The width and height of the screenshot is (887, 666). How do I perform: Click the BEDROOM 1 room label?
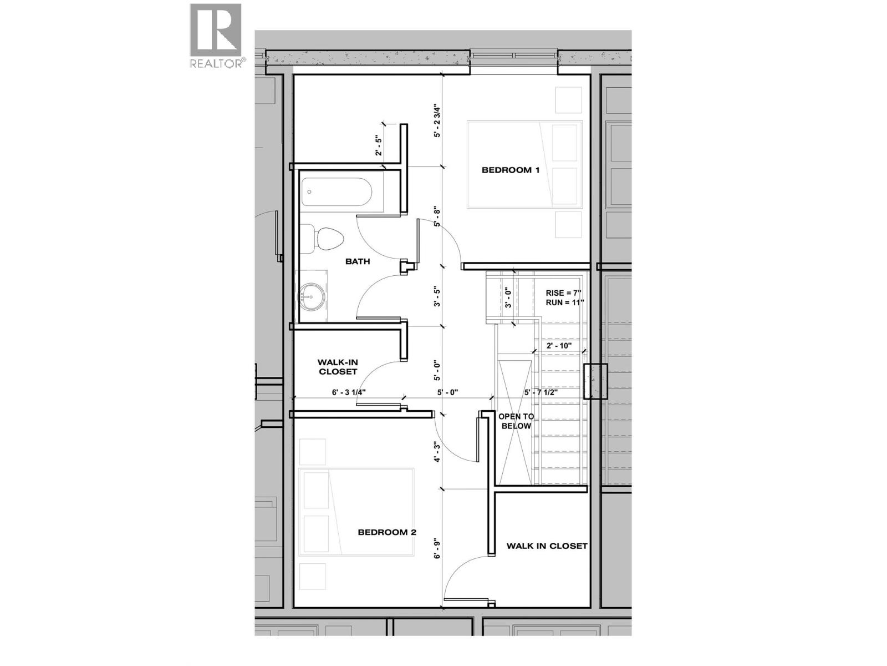click(x=510, y=170)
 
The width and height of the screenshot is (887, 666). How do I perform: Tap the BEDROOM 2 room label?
click(x=387, y=532)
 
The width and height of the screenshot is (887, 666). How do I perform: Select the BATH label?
click(x=358, y=261)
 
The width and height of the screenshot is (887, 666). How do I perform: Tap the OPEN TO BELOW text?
click(x=516, y=421)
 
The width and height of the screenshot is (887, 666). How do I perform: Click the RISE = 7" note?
click(x=563, y=293)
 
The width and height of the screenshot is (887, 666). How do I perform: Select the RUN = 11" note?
click(x=564, y=302)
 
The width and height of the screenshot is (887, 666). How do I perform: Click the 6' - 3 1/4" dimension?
click(x=349, y=392)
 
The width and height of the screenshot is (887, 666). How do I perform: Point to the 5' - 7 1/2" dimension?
click(x=541, y=392)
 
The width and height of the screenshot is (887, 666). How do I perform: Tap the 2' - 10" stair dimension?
click(x=559, y=345)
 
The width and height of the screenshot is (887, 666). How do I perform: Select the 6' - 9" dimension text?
click(x=437, y=548)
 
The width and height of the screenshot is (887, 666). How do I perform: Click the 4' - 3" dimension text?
click(x=437, y=452)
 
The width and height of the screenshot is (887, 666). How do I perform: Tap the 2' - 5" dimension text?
click(x=379, y=145)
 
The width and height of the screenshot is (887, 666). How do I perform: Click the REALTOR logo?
click(x=216, y=36)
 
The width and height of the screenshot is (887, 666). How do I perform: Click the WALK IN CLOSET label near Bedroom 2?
click(x=547, y=546)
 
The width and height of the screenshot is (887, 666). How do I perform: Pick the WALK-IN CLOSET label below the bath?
click(x=338, y=366)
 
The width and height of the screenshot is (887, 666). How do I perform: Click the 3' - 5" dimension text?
click(x=437, y=297)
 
